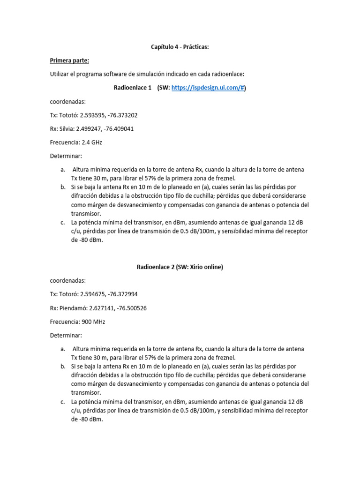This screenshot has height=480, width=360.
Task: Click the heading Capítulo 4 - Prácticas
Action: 180,47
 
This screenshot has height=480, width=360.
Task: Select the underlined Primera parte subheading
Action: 69,60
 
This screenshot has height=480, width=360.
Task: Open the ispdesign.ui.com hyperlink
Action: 208,88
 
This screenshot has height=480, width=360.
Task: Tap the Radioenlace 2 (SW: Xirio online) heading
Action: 180,267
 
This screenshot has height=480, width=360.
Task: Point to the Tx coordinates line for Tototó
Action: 93,115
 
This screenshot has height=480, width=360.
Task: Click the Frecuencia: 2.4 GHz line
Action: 75,142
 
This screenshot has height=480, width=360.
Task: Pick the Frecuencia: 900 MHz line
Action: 77,322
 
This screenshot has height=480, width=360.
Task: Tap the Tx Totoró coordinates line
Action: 93,294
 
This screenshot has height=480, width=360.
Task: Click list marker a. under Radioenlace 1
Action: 62,169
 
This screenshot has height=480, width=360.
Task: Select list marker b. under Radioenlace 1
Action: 62,187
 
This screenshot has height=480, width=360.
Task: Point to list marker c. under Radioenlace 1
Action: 62,223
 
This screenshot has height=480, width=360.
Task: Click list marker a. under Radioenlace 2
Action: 62,349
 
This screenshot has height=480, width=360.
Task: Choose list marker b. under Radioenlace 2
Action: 62,366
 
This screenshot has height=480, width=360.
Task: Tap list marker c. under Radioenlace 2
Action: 62,402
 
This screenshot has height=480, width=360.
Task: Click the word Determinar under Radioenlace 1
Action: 66,156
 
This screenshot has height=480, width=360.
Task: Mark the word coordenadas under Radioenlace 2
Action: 67,281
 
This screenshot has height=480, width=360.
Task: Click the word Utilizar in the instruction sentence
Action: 60,74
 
